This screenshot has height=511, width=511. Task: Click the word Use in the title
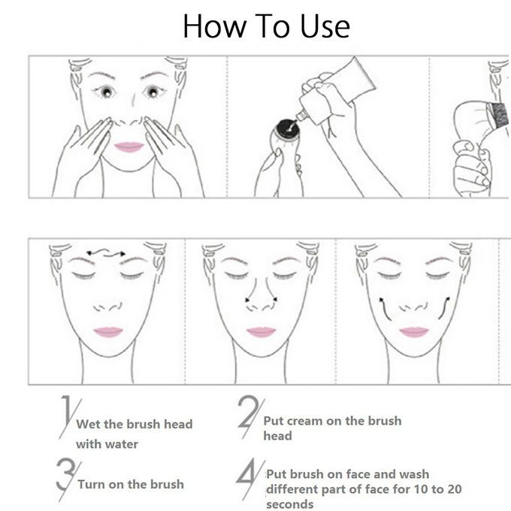pos(325,26)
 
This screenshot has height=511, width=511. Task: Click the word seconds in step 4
pos(290,504)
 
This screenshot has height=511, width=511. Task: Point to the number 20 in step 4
pos(452,489)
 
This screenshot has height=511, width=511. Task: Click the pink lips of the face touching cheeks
pos(129,147)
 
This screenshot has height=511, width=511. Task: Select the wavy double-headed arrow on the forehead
pos(106,252)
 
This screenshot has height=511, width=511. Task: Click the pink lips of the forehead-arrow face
pos(108,332)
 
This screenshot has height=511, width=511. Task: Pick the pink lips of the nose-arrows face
pos(261,332)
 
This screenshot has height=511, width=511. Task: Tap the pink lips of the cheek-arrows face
pos(414,332)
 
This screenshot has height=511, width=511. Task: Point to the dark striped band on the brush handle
pos(497,115)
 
